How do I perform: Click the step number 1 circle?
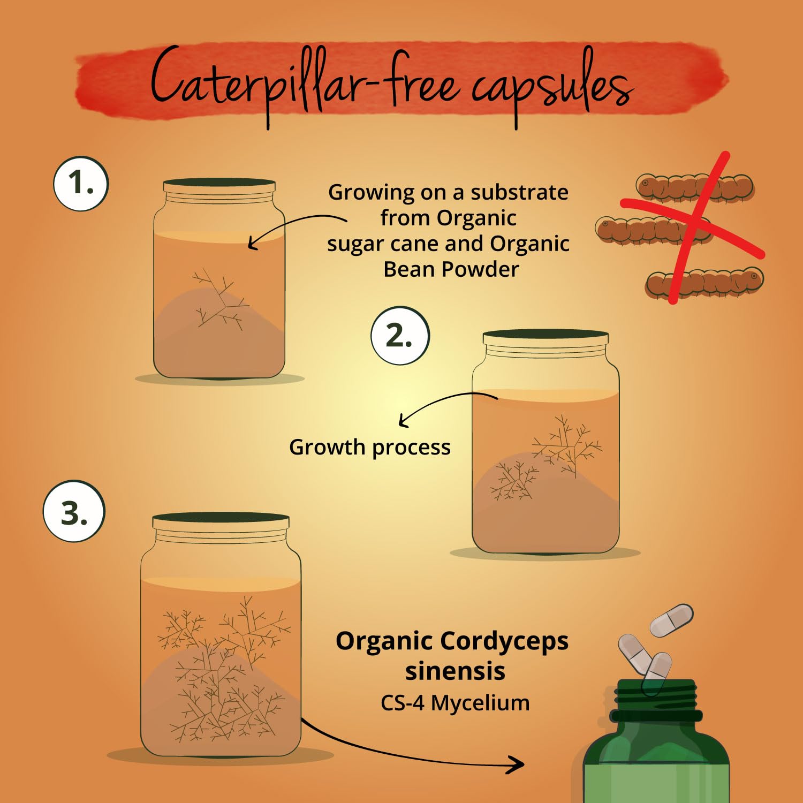point(81,184)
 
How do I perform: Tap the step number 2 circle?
point(400,336)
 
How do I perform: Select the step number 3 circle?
point(74,511)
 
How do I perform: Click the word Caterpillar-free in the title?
point(303,86)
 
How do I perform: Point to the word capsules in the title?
point(551,88)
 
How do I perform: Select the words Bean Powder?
point(451,269)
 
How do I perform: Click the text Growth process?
point(370,448)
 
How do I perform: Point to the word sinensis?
point(455,671)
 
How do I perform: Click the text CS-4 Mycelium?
point(455,703)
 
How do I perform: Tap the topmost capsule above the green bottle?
point(671,620)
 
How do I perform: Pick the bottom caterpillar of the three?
point(704,282)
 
